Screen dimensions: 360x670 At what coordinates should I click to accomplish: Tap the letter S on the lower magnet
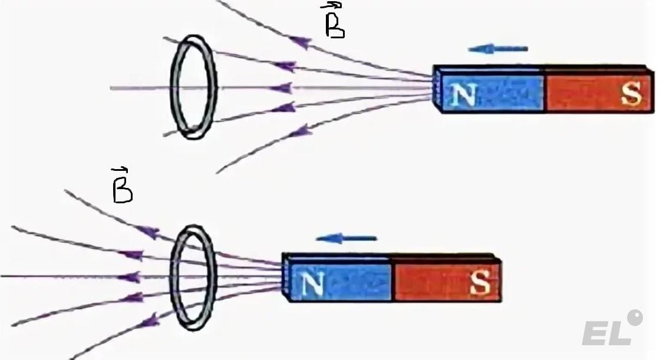(480, 285)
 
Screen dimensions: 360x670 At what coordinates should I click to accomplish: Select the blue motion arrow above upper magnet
(498, 49)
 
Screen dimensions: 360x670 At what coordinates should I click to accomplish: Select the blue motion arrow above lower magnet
(346, 239)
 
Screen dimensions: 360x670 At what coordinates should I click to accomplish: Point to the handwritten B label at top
(334, 22)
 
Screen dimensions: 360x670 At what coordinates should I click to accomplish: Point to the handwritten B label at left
(121, 187)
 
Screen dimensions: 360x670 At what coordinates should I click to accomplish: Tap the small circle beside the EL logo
(635, 318)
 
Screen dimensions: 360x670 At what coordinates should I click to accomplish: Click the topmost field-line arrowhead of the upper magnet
(301, 42)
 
